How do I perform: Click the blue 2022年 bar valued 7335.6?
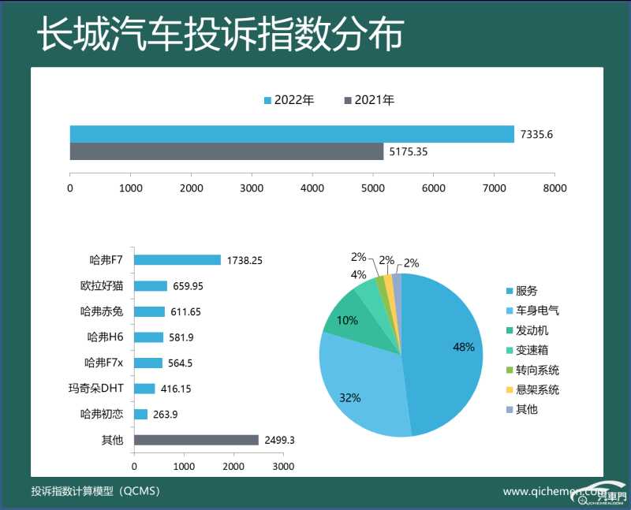[292, 134]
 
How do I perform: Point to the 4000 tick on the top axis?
[312, 188]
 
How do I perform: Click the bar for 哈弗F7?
[177, 259]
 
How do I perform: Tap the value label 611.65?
[185, 311]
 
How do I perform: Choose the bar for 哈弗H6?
[149, 337]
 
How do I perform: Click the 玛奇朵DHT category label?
[96, 389]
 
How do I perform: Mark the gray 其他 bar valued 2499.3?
[196, 440]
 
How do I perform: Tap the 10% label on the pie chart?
[347, 321]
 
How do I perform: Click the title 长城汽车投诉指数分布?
[221, 35]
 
